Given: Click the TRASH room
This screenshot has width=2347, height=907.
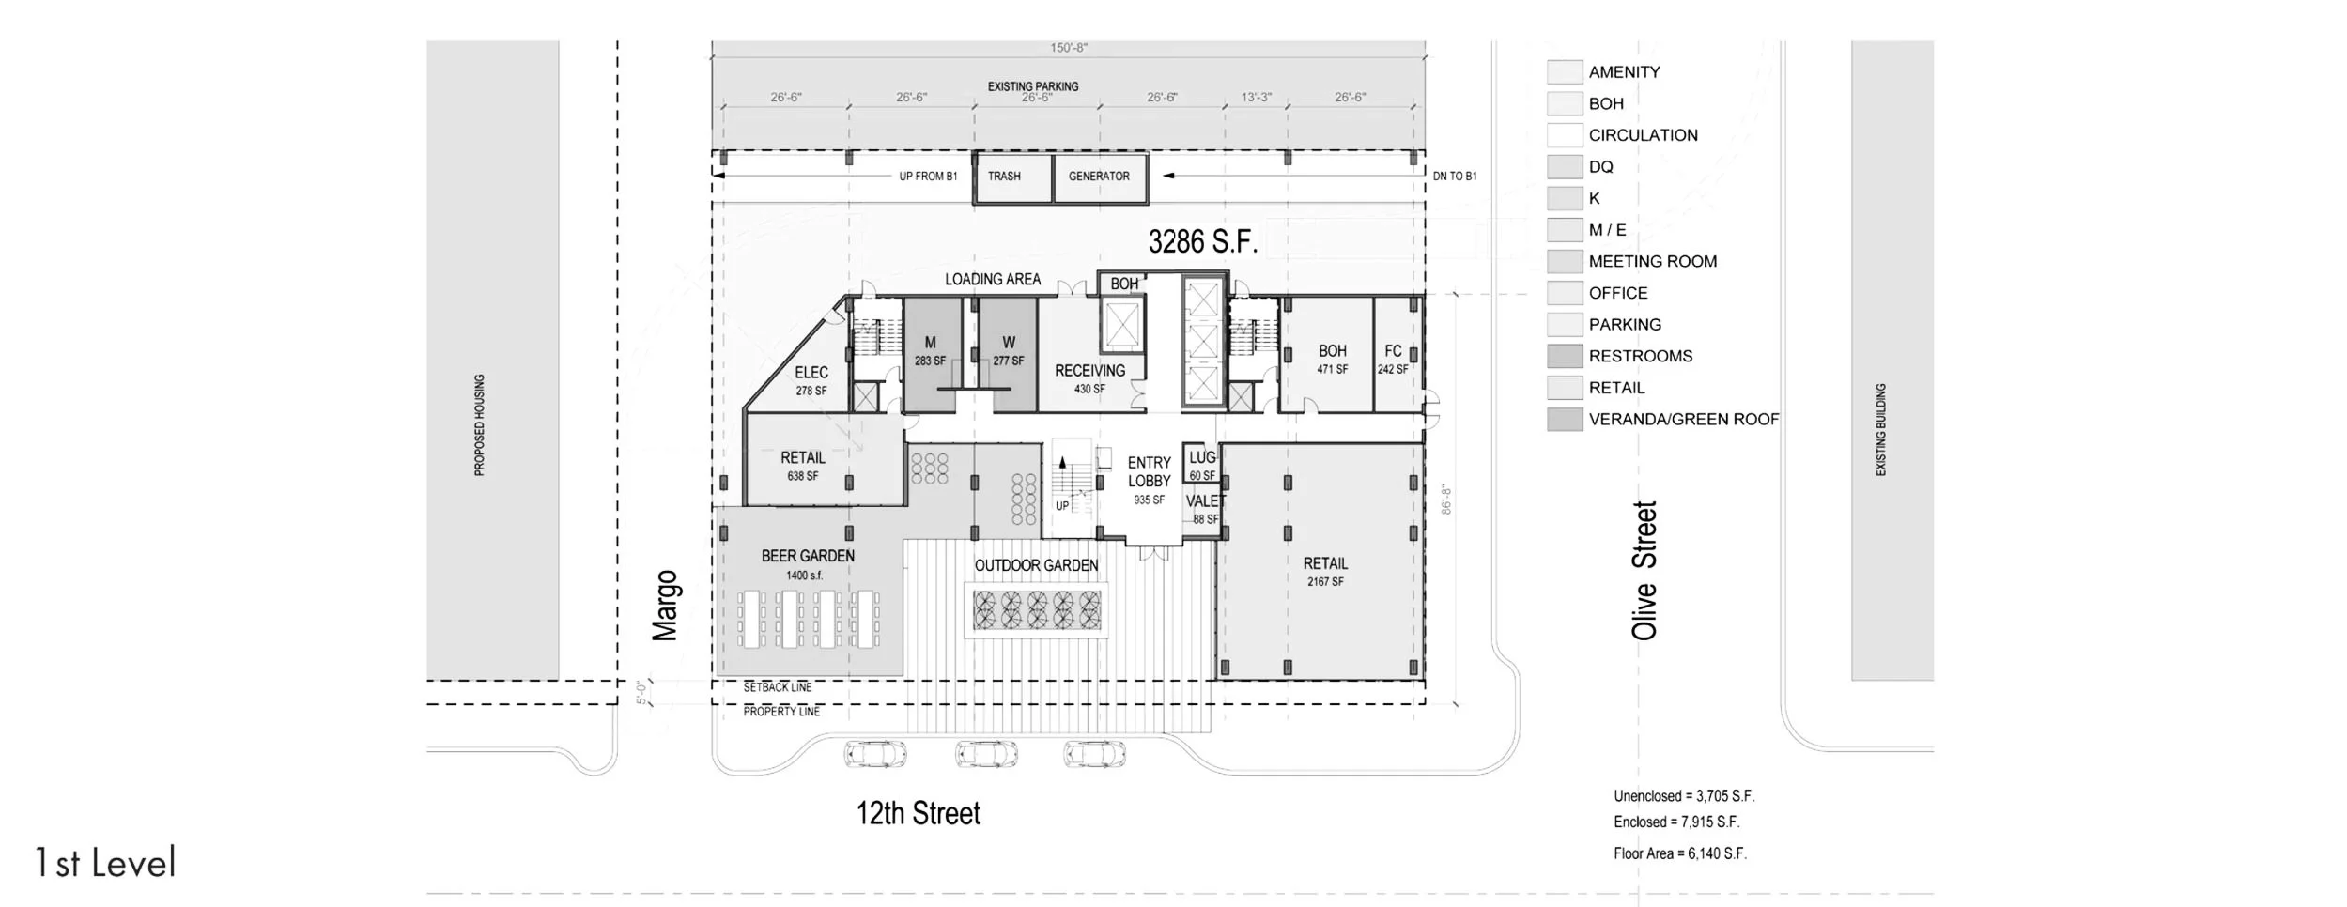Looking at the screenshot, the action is [1012, 177].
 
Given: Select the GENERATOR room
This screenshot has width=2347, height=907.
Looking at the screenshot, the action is [1100, 177].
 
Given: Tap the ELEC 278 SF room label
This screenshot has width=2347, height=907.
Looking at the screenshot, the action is [811, 381].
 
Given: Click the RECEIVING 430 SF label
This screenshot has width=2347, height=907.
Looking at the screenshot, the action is [1089, 379].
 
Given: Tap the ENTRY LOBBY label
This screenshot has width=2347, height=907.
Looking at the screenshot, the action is [1150, 471].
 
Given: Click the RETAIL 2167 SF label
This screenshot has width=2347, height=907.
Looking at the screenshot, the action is [1325, 572].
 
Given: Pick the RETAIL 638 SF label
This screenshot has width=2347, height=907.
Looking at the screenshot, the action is [803, 466].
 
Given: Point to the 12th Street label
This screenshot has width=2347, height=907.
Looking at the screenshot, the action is [919, 813].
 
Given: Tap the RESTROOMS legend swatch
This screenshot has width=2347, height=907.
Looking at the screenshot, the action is [1565, 356].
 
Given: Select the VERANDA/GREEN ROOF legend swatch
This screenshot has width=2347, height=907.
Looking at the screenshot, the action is [1565, 419].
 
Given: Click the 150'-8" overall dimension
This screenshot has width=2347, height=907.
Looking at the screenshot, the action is [1069, 48].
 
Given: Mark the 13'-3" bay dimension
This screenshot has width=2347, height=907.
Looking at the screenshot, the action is [1256, 97].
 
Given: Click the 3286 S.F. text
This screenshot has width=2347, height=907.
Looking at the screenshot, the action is [1203, 241].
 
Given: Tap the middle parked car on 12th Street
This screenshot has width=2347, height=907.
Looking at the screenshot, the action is [986, 753].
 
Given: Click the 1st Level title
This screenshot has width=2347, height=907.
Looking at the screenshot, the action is [105, 863].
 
